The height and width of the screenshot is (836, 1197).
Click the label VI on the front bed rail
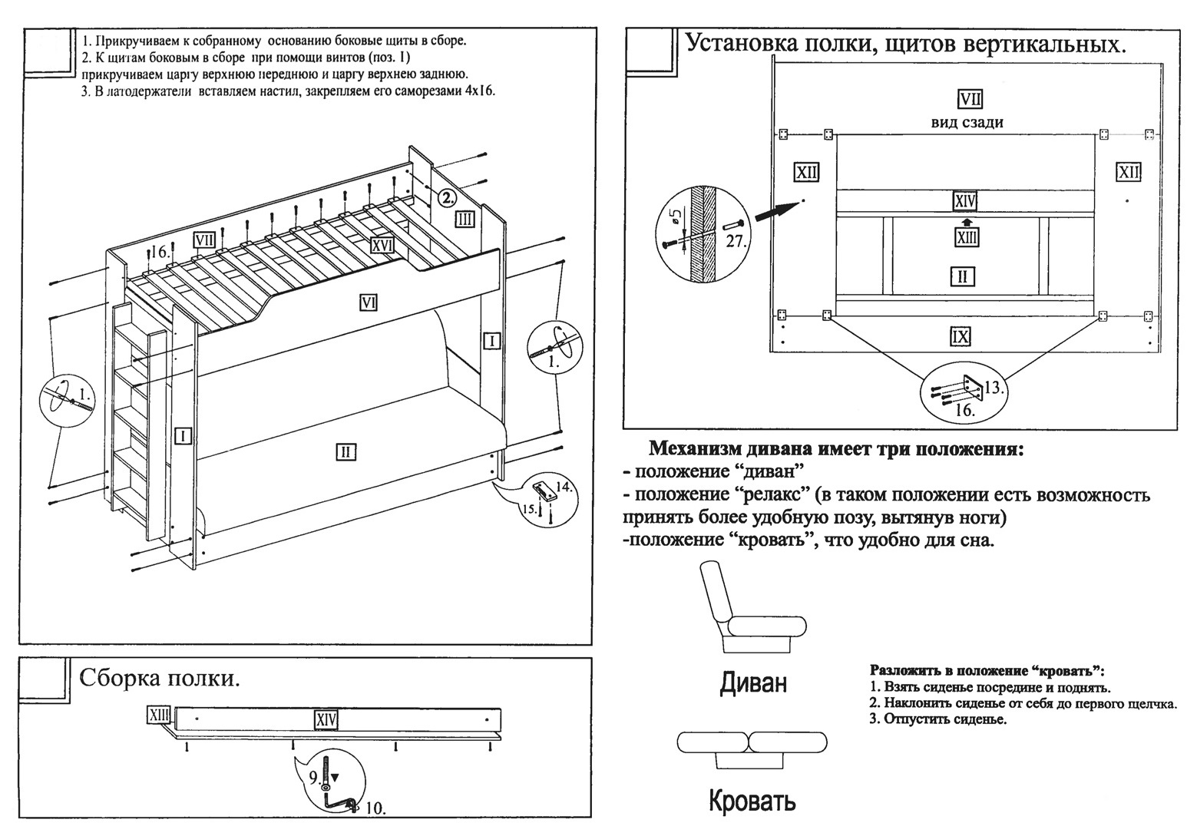[x=369, y=303]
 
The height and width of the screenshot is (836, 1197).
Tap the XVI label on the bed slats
[x=382, y=245]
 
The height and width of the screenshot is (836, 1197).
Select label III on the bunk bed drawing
[x=465, y=220]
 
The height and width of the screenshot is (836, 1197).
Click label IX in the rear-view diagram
[x=961, y=336]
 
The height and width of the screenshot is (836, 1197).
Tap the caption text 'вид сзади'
[x=967, y=122]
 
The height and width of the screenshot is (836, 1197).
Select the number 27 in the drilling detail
[x=736, y=240]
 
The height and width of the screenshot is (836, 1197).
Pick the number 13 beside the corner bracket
[x=994, y=388]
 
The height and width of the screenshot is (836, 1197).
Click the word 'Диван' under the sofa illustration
[x=753, y=682]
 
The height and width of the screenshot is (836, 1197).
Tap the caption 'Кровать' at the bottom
[x=752, y=801]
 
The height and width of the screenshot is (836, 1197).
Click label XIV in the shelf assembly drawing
[x=326, y=719]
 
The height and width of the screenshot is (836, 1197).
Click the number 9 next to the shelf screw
[x=314, y=777]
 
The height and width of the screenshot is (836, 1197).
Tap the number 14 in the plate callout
[x=564, y=486]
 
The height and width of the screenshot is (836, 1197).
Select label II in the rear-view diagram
[x=962, y=276]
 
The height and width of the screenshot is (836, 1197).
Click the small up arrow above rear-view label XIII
[x=966, y=222]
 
